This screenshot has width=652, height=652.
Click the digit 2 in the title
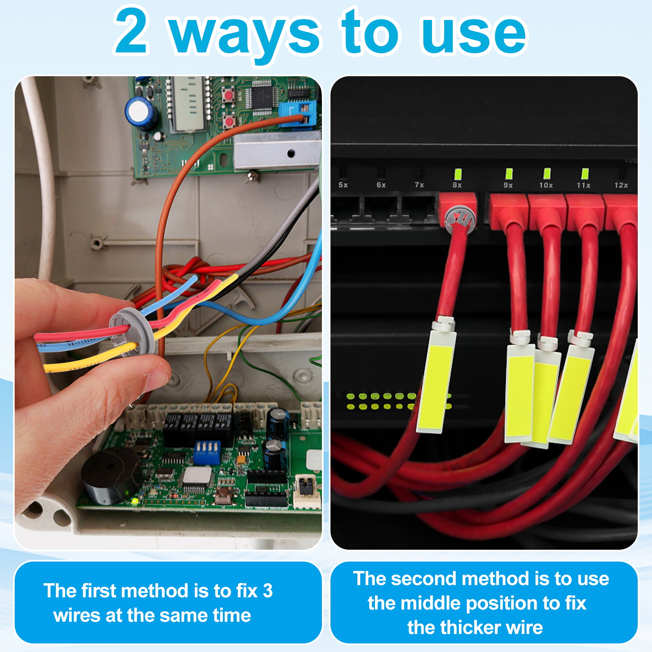[x=131, y=31]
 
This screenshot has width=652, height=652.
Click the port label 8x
[x=457, y=185]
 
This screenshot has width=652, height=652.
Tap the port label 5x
[x=343, y=185]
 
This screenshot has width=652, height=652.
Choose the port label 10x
[x=546, y=185]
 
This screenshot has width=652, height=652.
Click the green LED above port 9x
[x=509, y=174]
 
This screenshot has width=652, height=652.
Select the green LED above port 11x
[x=585, y=174]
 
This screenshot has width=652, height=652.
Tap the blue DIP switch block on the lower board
[x=207, y=452]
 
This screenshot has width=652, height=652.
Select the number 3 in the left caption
[x=268, y=591]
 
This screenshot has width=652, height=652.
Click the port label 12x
[x=621, y=185]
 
